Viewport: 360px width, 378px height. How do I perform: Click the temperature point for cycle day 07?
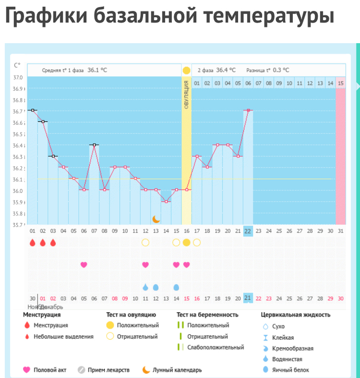click(94, 145)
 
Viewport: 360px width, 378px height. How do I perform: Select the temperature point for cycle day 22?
click(248, 110)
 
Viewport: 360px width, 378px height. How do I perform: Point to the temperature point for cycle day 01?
click(32, 110)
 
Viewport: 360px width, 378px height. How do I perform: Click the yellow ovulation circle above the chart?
click(186, 70)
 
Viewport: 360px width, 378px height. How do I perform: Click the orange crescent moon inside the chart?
click(156, 218)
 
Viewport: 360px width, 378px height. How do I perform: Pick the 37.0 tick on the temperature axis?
click(18, 78)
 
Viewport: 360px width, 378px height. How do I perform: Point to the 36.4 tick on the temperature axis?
click(18, 146)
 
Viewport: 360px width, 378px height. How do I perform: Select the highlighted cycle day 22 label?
click(248, 231)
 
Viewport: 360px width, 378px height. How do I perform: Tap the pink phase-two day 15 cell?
click(341, 83)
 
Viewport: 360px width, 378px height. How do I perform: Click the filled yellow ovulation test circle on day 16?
click(187, 243)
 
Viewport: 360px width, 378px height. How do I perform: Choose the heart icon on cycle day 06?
click(84, 265)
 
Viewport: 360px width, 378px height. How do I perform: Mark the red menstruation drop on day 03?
click(53, 243)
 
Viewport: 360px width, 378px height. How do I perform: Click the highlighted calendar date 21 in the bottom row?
click(248, 298)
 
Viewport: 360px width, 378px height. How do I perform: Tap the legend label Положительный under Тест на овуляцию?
click(138, 325)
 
